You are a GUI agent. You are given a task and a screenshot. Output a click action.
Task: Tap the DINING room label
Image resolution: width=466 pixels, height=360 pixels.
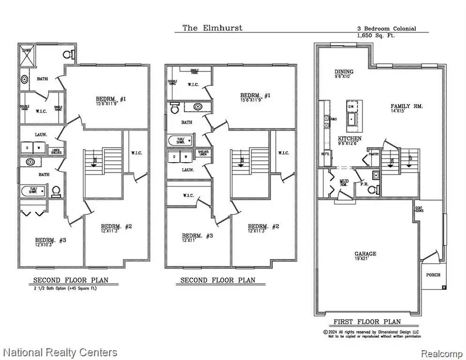click(x=343, y=72)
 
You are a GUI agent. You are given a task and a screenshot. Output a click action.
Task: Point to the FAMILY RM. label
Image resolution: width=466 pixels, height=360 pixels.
click(x=406, y=106)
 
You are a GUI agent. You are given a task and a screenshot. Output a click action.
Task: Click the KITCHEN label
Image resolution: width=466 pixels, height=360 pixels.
click(x=350, y=139)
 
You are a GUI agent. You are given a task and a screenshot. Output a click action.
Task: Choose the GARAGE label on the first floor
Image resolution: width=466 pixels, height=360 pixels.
click(x=365, y=254)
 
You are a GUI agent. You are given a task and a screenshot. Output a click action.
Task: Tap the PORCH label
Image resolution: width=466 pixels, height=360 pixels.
click(x=433, y=275)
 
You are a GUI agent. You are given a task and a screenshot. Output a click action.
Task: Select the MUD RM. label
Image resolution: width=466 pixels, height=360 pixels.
click(x=343, y=183)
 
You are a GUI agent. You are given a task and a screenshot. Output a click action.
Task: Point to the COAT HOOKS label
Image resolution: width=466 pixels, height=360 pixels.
click(x=419, y=210)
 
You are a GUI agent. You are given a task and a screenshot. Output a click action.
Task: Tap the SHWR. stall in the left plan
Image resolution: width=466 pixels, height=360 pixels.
click(x=26, y=54)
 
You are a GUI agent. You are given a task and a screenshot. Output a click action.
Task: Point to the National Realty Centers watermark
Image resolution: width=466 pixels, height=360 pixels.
click(x=59, y=353)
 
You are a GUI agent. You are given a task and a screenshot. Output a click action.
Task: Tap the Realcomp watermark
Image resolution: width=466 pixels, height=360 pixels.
click(x=441, y=353)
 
